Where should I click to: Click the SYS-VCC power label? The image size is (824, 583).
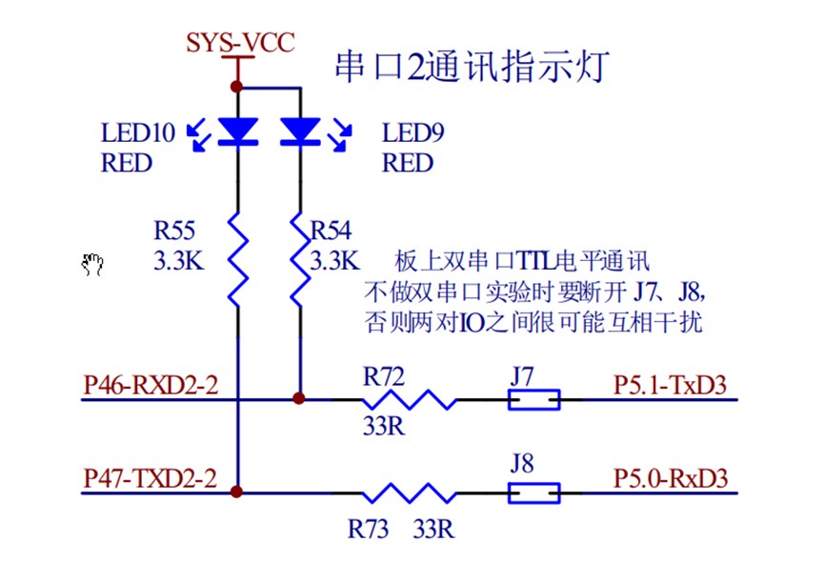click(239, 43)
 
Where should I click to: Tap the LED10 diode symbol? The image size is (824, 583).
click(238, 131)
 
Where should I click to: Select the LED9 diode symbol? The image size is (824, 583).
click(300, 131)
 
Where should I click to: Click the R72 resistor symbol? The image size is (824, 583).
click(408, 399)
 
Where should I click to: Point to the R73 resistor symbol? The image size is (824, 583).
click(408, 493)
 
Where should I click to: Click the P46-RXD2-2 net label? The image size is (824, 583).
click(151, 385)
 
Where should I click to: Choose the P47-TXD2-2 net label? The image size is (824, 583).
click(151, 478)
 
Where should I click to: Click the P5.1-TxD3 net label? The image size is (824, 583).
click(670, 385)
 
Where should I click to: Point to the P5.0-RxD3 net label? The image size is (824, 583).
click(670, 478)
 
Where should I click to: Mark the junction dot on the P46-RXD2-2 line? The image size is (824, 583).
click(300, 399)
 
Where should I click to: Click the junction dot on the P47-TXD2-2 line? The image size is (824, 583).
click(238, 493)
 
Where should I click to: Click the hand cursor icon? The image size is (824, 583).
click(92, 264)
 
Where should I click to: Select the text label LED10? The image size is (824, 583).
click(137, 132)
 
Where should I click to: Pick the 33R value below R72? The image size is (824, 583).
click(383, 425)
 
